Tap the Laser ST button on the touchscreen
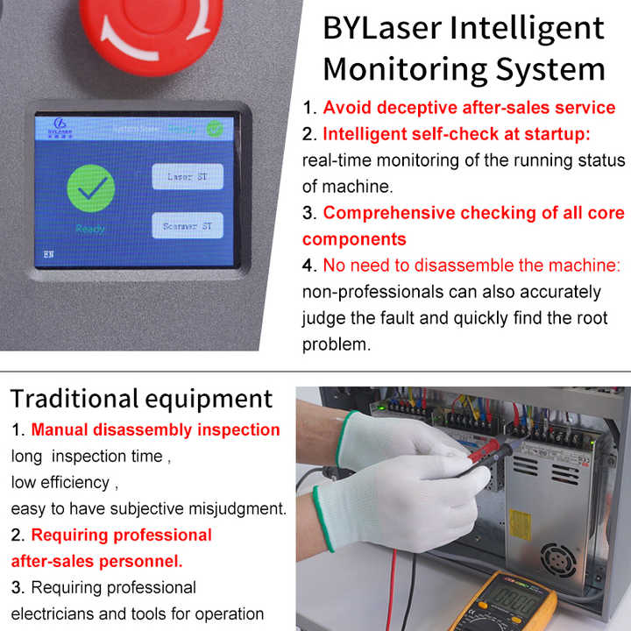click(188, 176)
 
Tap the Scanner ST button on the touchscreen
click(188, 226)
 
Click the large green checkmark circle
click(91, 188)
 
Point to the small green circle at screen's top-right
click(214, 127)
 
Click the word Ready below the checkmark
click(89, 229)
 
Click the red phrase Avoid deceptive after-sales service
click(469, 108)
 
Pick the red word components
click(354, 239)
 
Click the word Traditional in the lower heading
click(73, 399)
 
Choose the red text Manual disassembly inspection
click(155, 429)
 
